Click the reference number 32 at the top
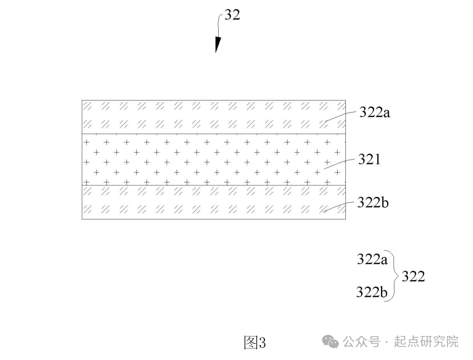pyautogui.click(x=232, y=15)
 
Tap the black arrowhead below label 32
pyautogui.click(x=218, y=45)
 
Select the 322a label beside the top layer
pyautogui.click(x=375, y=113)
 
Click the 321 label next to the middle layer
pyautogui.click(x=369, y=159)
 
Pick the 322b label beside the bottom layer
pyautogui.click(x=373, y=202)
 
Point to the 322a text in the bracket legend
pyautogui.click(x=372, y=259)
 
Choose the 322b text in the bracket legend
pyautogui.click(x=372, y=292)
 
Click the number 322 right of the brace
pyautogui.click(x=413, y=276)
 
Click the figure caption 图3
pyautogui.click(x=255, y=343)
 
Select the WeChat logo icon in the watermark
pyautogui.click(x=330, y=341)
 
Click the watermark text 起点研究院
pyautogui.click(x=426, y=342)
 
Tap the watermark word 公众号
pyautogui.click(x=361, y=342)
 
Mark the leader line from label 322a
pyautogui.click(x=340, y=116)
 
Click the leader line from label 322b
pyautogui.click(x=339, y=207)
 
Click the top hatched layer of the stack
pyautogui.click(x=214, y=117)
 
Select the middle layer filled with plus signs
pyautogui.click(x=214, y=159)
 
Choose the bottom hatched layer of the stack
pyautogui.click(x=214, y=202)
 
